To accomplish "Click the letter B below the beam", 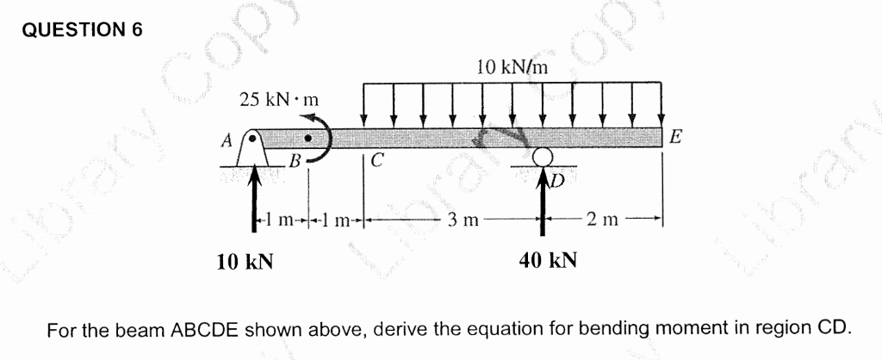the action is [x=295, y=160].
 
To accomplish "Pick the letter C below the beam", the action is [x=377, y=158].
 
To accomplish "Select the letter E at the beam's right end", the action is [x=676, y=136].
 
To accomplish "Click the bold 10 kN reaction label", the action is [x=245, y=259].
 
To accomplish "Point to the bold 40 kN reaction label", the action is [x=548, y=259].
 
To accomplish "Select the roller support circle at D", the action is [x=542, y=157].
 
